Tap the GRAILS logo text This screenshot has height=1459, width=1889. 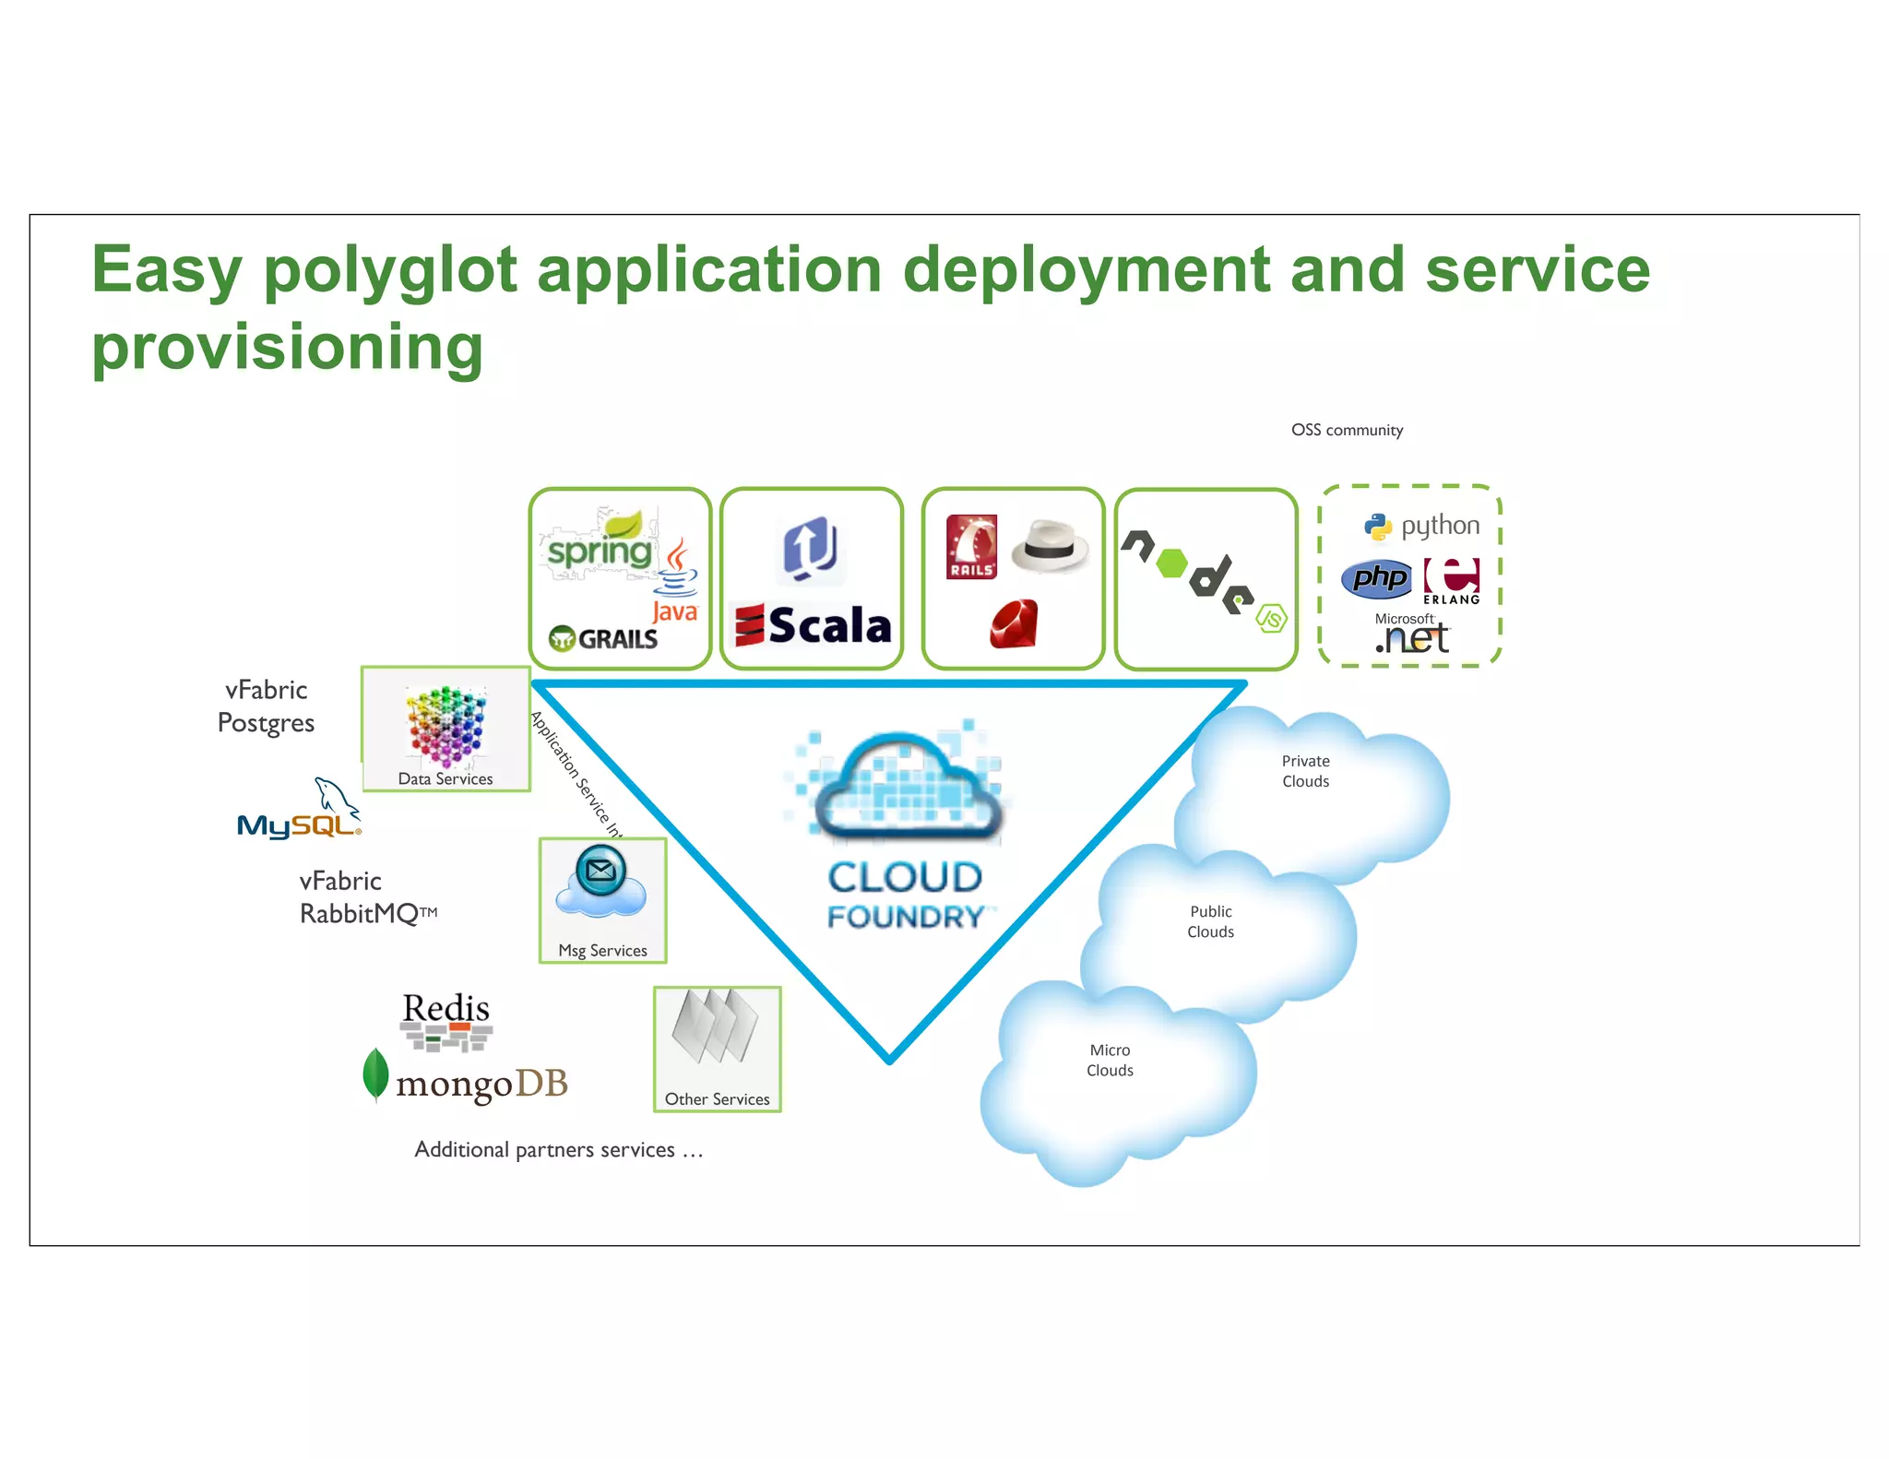(x=605, y=638)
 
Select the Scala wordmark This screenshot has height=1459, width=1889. (x=814, y=625)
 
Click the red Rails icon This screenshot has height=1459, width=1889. (x=971, y=547)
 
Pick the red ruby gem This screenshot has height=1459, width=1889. (x=1014, y=623)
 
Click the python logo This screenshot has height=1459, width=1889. (x=1421, y=526)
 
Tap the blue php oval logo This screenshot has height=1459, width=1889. (x=1376, y=578)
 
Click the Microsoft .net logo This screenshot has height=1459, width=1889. (x=1411, y=634)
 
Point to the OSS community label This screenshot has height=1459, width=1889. (x=1346, y=430)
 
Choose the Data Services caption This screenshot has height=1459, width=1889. (x=445, y=778)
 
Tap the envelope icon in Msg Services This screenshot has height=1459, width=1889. (x=600, y=870)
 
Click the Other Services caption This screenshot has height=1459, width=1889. (x=717, y=1098)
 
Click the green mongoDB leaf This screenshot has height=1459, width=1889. (x=375, y=1073)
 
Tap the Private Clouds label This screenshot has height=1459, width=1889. (x=1305, y=771)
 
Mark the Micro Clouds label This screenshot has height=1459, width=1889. (x=1110, y=1060)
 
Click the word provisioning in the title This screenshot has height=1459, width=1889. (x=287, y=348)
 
